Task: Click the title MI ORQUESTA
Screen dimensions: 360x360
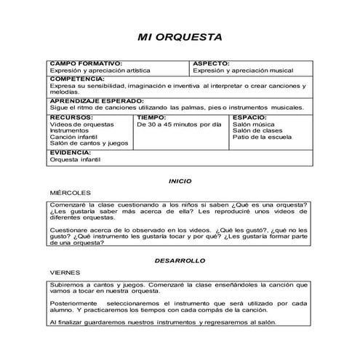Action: (180, 37)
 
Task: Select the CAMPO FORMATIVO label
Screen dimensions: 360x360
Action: (85, 64)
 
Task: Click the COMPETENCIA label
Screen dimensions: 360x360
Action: (77, 78)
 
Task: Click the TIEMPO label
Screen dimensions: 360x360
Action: (152, 117)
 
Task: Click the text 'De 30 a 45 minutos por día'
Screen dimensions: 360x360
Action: (179, 124)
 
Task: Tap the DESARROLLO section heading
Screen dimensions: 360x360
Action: (180, 260)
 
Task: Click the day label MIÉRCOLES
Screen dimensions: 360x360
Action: (70, 193)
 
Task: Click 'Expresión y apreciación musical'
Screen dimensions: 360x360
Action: (243, 71)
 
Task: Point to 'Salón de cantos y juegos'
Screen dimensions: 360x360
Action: (88, 144)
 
